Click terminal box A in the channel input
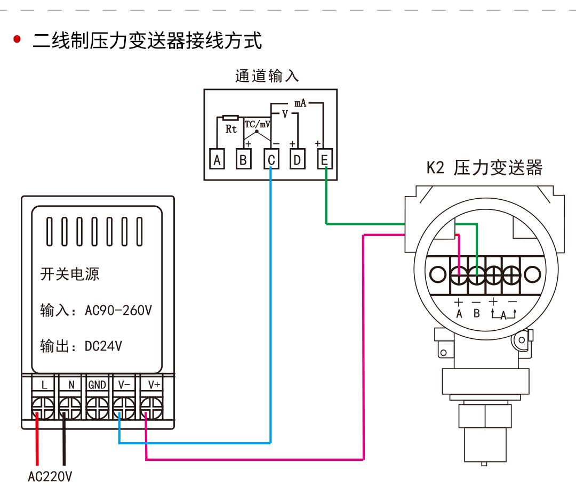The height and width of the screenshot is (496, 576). (217, 159)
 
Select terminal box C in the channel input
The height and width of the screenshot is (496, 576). (271, 159)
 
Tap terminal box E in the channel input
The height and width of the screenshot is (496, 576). (325, 159)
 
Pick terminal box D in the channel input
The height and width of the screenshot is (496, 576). (298, 159)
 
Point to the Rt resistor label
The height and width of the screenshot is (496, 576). (231, 129)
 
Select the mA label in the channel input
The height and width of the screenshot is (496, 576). (300, 103)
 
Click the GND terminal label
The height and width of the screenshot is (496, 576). (98, 384)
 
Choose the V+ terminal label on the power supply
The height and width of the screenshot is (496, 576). (154, 384)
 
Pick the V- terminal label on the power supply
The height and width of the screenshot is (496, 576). (124, 384)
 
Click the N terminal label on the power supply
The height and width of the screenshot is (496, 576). (71, 384)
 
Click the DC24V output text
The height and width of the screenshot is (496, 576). (103, 346)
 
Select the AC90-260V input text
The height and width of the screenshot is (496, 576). (118, 310)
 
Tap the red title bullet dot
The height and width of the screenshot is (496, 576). (17, 39)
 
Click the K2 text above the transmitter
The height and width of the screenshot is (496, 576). (435, 168)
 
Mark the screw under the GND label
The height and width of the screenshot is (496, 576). (98, 409)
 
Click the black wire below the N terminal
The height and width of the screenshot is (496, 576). (63, 442)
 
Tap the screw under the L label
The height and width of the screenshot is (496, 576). (43, 409)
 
